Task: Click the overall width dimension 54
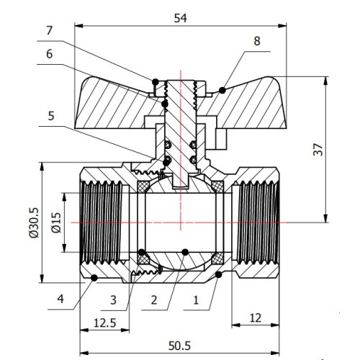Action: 180,18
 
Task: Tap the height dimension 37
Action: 318,149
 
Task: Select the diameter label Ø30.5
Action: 34,222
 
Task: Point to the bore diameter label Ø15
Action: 56,222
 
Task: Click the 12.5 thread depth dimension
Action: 105,323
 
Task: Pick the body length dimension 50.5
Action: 179,346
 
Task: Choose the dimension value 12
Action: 256,318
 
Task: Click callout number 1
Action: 196,300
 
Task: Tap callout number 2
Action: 154,300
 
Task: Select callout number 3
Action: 113,300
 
